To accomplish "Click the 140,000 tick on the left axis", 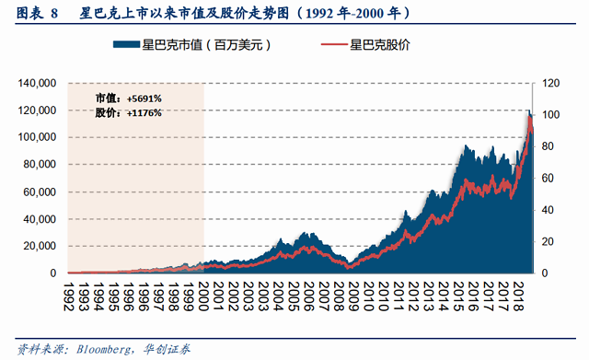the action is tap(37, 83).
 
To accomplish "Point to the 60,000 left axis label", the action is tap(40, 192).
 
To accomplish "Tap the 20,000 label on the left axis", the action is tap(40, 246).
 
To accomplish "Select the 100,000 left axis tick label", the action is tap(37, 137).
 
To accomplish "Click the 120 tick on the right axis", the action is tap(550, 83).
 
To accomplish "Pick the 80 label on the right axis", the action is tap(548, 146).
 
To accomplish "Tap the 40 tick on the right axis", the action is tap(548, 210).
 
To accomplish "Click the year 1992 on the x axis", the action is tap(68, 296).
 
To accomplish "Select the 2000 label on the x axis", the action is tap(203, 296).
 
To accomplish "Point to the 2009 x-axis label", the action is tap(353, 296).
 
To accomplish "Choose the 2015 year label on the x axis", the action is tap(458, 296).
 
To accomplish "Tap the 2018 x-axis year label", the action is tap(518, 296).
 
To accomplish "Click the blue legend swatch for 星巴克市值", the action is tap(127, 45).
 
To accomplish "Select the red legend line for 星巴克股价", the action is tap(334, 45).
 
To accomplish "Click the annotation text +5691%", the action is tap(144, 99).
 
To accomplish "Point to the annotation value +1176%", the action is tap(144, 112).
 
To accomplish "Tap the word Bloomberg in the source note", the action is tap(104, 350).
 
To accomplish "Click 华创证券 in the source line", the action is tap(167, 350).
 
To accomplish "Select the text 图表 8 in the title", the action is tap(37, 13).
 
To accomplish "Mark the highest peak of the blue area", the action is tap(530, 110).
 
